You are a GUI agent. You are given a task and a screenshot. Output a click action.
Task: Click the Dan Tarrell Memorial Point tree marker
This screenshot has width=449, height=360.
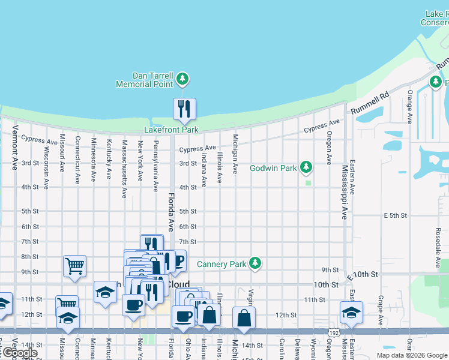point(182,79)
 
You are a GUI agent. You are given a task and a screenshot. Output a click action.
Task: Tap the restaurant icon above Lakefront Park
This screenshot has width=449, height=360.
point(184,109)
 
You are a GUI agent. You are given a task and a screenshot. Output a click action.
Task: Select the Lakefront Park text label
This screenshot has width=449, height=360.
point(171,130)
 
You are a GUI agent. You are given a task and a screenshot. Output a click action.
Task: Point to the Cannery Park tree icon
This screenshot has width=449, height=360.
point(255,263)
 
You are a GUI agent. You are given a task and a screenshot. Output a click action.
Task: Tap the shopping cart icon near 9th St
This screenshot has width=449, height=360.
point(74,265)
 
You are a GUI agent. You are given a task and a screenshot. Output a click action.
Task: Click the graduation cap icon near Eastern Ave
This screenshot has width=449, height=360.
point(351,311)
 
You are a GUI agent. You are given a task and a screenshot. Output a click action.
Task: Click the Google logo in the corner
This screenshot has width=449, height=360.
point(19,353)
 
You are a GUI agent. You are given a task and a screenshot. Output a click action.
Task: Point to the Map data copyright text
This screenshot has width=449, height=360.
point(412,355)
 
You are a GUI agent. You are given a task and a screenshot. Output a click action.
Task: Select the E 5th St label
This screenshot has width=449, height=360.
point(396,215)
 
